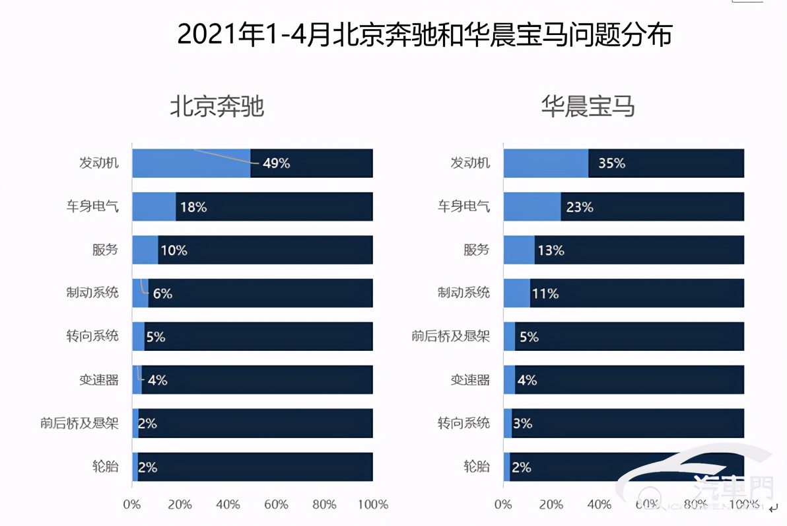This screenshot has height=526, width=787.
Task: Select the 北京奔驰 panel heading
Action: pos(217,106)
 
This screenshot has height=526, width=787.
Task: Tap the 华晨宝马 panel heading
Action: pos(588,106)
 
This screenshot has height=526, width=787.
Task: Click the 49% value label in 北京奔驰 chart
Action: pos(276,163)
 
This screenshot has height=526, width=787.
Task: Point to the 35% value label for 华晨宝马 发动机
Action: pos(611,163)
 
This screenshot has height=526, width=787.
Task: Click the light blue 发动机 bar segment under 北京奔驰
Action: pos(191,163)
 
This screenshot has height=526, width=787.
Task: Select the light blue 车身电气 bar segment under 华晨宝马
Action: pos(532,207)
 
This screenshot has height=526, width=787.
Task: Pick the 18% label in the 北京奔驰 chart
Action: pos(193,207)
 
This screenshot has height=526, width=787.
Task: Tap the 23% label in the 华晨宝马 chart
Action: pos(579,207)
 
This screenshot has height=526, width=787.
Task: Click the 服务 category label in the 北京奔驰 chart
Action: pos(106,250)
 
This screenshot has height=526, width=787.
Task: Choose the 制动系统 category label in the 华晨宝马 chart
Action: pos(463,293)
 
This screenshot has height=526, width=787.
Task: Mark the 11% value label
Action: pos(545,293)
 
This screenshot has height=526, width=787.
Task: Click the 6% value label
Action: pos(162,293)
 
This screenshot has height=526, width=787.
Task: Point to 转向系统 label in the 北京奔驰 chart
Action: pos(92,336)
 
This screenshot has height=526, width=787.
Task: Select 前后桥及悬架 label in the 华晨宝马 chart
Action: pos(450,336)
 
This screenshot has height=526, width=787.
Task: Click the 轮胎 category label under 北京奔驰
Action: pos(106,466)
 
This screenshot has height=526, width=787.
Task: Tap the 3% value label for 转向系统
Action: pos(522,423)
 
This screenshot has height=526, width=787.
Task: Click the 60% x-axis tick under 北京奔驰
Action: pos(276,505)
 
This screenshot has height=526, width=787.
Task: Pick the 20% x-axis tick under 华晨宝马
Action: pos(551,505)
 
